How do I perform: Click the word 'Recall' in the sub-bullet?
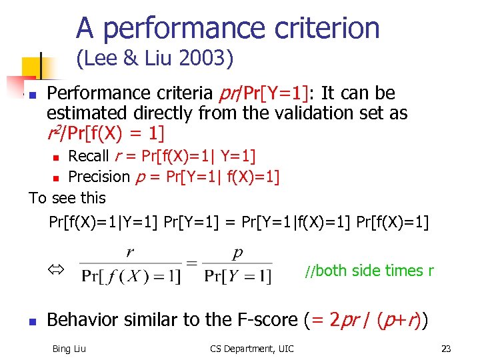89,156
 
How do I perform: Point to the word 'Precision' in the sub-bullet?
99,177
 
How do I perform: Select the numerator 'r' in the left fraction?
129,253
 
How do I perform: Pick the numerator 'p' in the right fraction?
237,253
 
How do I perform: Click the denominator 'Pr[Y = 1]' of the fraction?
237,276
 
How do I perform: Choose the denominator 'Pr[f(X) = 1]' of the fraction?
130,276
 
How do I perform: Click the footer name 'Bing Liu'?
69,347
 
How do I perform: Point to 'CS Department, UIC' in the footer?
252,347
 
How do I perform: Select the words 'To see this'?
67,198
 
